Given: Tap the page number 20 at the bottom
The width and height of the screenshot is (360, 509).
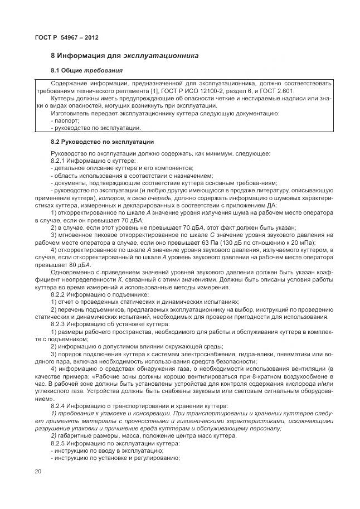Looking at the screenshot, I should coord(38,472).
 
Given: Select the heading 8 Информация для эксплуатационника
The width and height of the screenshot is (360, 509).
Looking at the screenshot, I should coord(125,56).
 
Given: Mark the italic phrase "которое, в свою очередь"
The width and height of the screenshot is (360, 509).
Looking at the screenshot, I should coord(142,198).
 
